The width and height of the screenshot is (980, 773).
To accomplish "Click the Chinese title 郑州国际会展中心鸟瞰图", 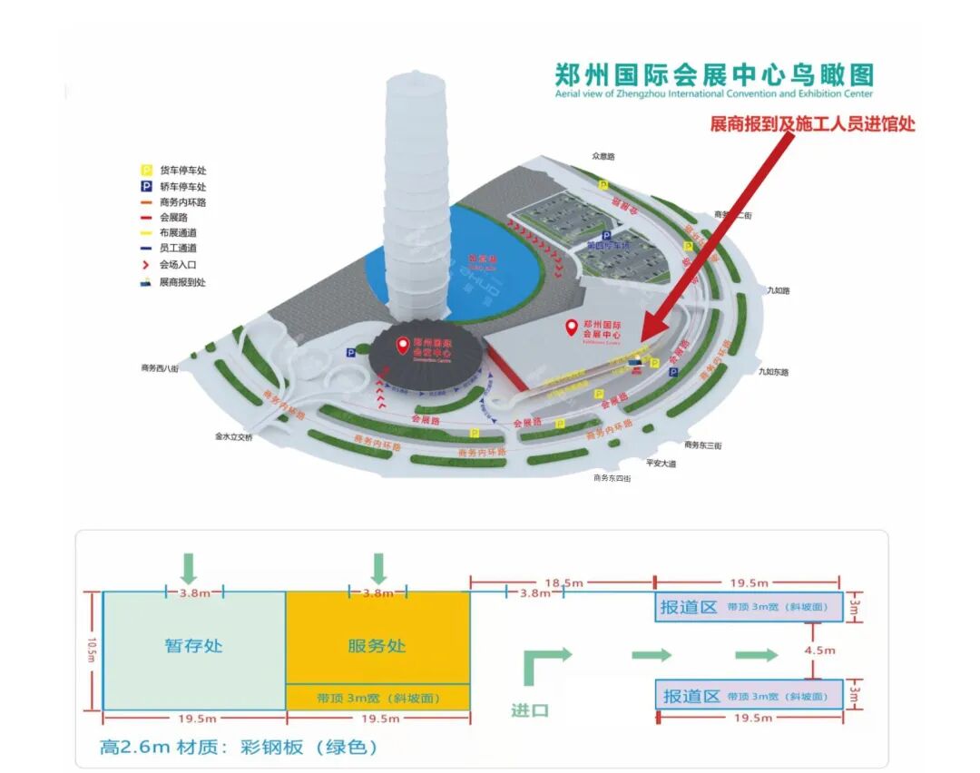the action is pos(714,74).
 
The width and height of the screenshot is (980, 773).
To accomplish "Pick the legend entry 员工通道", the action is pos(178,248).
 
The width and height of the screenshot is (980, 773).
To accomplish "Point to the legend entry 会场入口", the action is pos(178,264).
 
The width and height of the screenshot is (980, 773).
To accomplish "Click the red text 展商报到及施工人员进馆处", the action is pos(812,124).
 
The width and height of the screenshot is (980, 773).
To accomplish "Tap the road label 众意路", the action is pos(603,156).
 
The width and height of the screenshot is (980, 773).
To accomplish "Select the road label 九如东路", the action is pos(772,372).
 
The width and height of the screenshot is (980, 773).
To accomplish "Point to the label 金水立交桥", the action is pos(234,436).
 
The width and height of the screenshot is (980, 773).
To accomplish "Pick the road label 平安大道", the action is pos(661,463).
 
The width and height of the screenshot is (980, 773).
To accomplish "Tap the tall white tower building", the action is pos(418,200).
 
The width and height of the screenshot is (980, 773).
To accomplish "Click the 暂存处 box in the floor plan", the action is pos(193,646).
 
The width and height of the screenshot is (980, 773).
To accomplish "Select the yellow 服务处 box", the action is pos(377,646).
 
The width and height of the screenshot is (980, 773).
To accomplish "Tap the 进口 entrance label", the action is pos(529,709).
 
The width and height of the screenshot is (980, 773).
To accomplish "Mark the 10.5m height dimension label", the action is pos(91,651).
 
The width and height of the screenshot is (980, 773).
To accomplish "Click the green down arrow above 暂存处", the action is pos(188,568).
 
